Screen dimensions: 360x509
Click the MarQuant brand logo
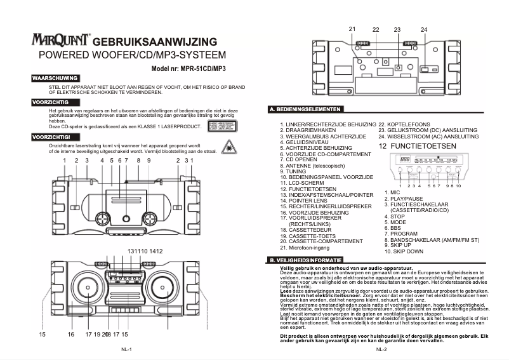pos(61,40)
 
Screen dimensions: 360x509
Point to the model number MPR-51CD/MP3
pos(188,67)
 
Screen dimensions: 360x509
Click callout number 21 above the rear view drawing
pos(352,29)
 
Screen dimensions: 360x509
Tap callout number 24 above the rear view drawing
pos(423,29)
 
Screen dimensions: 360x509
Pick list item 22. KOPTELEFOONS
pos(404,124)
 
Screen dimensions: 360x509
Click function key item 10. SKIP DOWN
pos(403,251)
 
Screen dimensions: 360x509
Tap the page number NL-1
pos(126,349)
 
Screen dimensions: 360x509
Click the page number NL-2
pos(381,349)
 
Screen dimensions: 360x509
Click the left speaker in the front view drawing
pos(88,289)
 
